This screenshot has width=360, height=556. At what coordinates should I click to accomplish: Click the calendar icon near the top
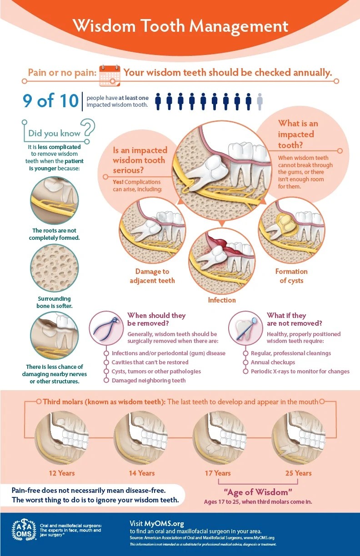[x=110, y=75]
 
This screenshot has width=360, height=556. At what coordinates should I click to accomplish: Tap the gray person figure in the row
[x=260, y=101]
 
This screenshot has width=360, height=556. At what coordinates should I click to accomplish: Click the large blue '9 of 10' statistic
[x=50, y=100]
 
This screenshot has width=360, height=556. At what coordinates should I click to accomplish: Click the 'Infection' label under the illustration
[x=222, y=300]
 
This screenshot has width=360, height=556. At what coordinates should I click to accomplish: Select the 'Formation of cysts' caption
[x=291, y=276]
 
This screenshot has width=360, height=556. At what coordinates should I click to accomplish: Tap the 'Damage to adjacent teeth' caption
[x=152, y=276]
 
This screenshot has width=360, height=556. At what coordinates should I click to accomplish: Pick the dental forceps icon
[x=106, y=328]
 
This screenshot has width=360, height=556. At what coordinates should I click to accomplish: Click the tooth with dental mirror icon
[x=245, y=328]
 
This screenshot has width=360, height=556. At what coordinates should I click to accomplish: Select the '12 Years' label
[x=62, y=473]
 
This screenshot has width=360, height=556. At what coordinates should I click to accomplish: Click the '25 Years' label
[x=298, y=473]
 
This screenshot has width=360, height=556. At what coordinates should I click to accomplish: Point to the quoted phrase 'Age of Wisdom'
[x=258, y=492]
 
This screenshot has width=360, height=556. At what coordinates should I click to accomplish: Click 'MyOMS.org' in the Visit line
[x=164, y=524]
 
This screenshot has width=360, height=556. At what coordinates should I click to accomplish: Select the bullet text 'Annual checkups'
[x=273, y=362]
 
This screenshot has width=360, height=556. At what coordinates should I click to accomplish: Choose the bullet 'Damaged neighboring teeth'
[x=149, y=381]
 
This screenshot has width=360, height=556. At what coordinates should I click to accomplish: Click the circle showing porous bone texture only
[x=55, y=268]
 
